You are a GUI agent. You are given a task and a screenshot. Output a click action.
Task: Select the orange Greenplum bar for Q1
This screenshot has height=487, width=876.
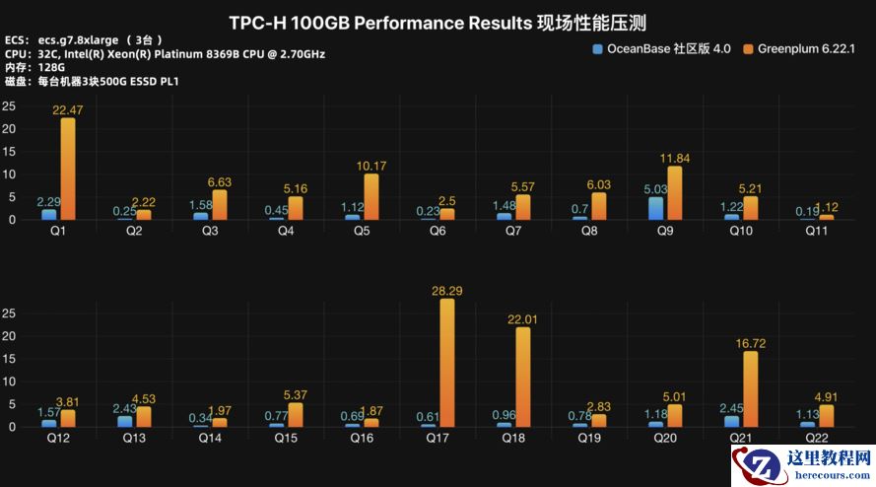tap(67, 169)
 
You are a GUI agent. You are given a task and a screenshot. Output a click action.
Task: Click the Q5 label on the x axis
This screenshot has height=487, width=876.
tap(362, 231)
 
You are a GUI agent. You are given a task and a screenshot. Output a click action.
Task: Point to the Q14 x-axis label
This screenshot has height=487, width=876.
tap(210, 438)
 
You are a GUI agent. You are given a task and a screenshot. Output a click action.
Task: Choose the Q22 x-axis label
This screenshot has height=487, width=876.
tap(817, 438)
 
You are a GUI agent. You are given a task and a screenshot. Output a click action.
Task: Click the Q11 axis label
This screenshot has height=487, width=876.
tap(817, 231)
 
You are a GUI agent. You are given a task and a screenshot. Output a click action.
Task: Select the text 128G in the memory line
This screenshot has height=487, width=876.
tap(51, 66)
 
